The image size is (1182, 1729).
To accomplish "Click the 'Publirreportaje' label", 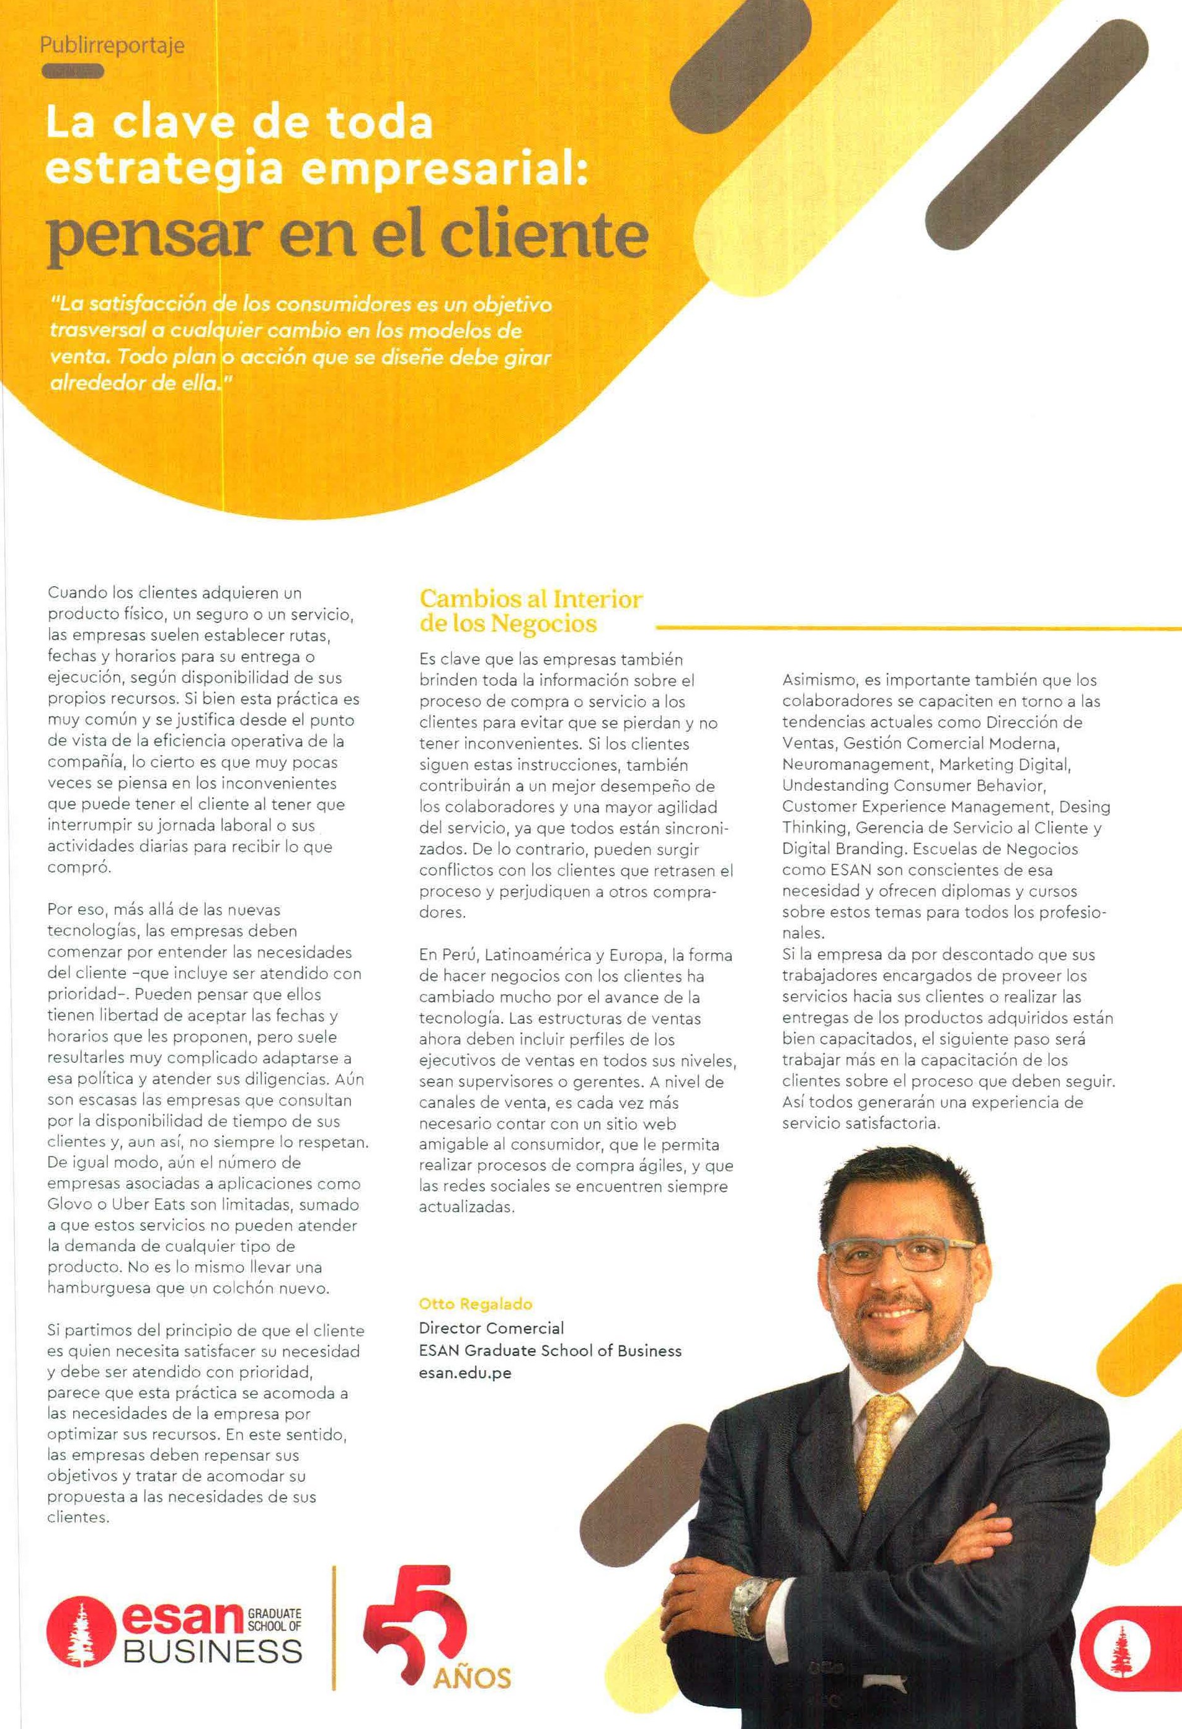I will click(112, 46).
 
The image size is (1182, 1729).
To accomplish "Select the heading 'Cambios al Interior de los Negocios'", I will click(531, 611).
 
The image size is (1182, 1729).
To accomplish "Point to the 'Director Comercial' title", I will click(491, 1327).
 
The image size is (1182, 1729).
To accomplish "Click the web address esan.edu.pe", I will click(465, 1373).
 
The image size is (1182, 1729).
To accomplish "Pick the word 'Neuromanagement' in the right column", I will click(856, 764).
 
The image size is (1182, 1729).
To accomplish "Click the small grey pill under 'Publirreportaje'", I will click(73, 72).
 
